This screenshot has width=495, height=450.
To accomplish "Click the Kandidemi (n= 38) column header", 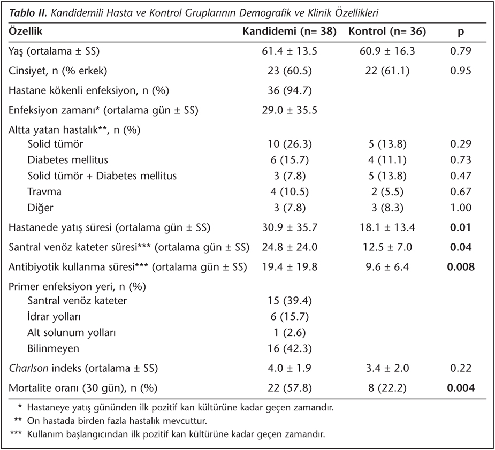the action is pos(290,31).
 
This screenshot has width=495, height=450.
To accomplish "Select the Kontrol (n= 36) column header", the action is pos(387,31).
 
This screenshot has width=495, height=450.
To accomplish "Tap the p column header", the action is pos(461,32).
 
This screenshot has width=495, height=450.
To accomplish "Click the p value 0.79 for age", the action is pos(461,51).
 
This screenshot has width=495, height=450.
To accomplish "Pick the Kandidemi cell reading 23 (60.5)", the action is pos(290,71).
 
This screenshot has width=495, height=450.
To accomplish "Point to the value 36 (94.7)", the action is pos(290,90).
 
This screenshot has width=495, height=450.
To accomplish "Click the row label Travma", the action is pos(44,192).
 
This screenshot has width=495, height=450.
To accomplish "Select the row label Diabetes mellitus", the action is pos(67,159).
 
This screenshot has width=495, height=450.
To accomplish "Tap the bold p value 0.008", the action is pos(461,267).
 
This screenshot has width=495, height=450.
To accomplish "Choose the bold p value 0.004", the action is pos(461,388).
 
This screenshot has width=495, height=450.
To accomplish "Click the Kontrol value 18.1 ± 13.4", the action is pos(387,227).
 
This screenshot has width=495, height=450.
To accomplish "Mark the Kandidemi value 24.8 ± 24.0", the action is pos(290,247).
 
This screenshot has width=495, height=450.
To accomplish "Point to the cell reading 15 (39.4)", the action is pos(290,301).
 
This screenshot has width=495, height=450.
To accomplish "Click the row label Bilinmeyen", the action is pos(53,348).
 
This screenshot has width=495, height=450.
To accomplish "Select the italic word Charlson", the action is pos(28,368).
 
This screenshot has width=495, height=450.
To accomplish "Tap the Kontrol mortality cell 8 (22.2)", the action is pos(387,388).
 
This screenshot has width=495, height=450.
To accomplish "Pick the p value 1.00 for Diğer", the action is pos(461,208).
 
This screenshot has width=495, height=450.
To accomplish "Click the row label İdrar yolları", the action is pos(54,317).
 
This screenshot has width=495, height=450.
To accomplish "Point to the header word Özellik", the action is pos(25,31).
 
